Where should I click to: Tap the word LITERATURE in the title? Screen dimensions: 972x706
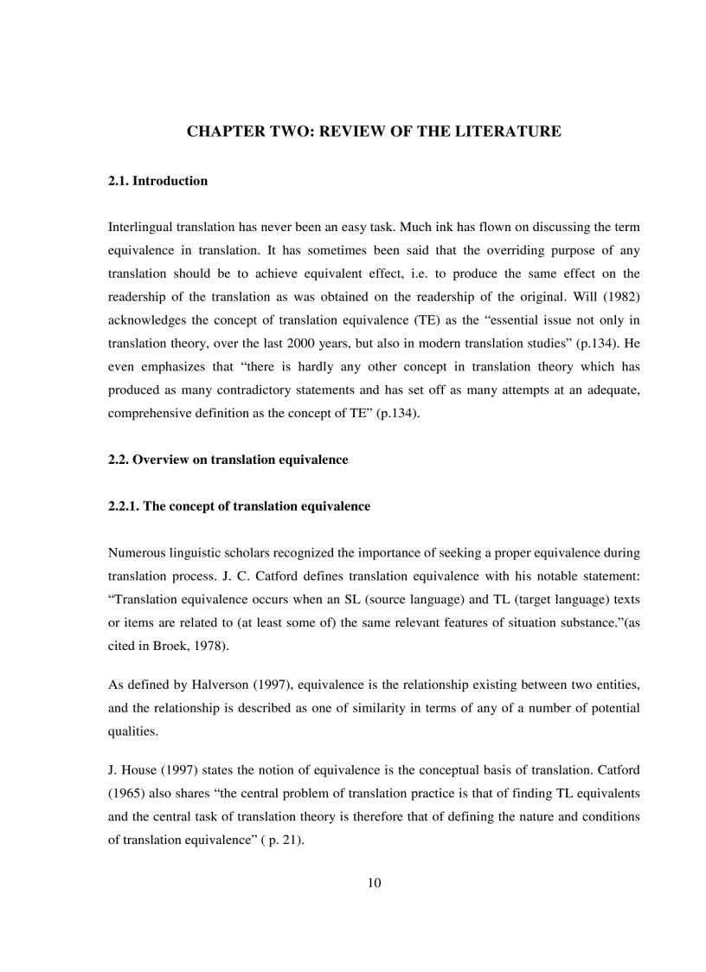pyautogui.click(x=511, y=132)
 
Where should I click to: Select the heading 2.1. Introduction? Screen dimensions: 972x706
pyautogui.click(x=157, y=181)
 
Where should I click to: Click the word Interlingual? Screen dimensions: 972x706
pyautogui.click(x=140, y=227)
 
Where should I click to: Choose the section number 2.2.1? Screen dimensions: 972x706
pyautogui.click(x=124, y=506)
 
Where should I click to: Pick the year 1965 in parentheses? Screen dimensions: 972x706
pyautogui.click(x=128, y=793)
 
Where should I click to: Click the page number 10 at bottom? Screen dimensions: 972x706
pyautogui.click(x=374, y=883)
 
